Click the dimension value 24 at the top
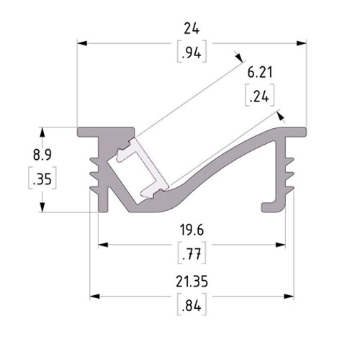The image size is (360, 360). [192, 29]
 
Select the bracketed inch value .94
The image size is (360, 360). [192, 53]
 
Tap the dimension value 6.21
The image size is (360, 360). [260, 73]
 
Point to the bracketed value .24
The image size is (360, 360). [259, 96]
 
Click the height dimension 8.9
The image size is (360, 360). [42, 155]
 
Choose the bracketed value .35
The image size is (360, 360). [42, 179]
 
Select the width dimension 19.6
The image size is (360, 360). [192, 230]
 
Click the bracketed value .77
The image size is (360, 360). [192, 254]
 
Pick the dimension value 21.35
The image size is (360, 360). [192, 282]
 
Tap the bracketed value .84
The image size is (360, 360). [192, 305]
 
